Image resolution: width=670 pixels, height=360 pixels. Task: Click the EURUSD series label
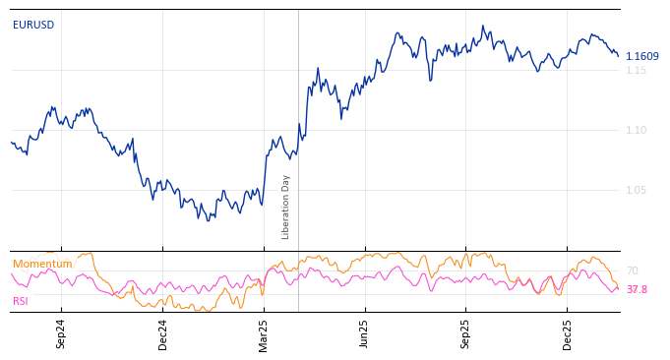33,26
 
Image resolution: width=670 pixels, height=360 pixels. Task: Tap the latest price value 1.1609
642,57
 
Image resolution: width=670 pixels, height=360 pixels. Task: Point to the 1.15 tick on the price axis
636,71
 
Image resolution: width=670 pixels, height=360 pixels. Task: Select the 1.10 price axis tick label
636,131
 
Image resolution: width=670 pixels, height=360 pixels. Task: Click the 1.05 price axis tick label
636,191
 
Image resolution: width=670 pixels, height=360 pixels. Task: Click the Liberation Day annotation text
286,207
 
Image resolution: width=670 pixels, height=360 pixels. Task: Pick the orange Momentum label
42,265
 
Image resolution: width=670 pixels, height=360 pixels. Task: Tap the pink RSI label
21,302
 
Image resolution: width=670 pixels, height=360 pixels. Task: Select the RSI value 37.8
637,290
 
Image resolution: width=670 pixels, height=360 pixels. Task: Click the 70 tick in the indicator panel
633,271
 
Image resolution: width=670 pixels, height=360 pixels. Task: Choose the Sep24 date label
61,334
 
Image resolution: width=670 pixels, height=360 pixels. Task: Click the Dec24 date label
163,334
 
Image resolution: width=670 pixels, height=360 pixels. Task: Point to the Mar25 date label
264,334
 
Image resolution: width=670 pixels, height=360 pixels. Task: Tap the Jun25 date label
364,334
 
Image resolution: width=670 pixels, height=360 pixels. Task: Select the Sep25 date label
465,334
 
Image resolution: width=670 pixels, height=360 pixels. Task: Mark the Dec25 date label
567,334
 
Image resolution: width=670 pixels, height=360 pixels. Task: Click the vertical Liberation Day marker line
298,118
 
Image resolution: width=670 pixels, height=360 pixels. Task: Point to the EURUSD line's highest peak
483,26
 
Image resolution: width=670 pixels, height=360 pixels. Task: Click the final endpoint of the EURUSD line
619,56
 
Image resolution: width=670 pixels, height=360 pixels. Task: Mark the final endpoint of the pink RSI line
619,288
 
